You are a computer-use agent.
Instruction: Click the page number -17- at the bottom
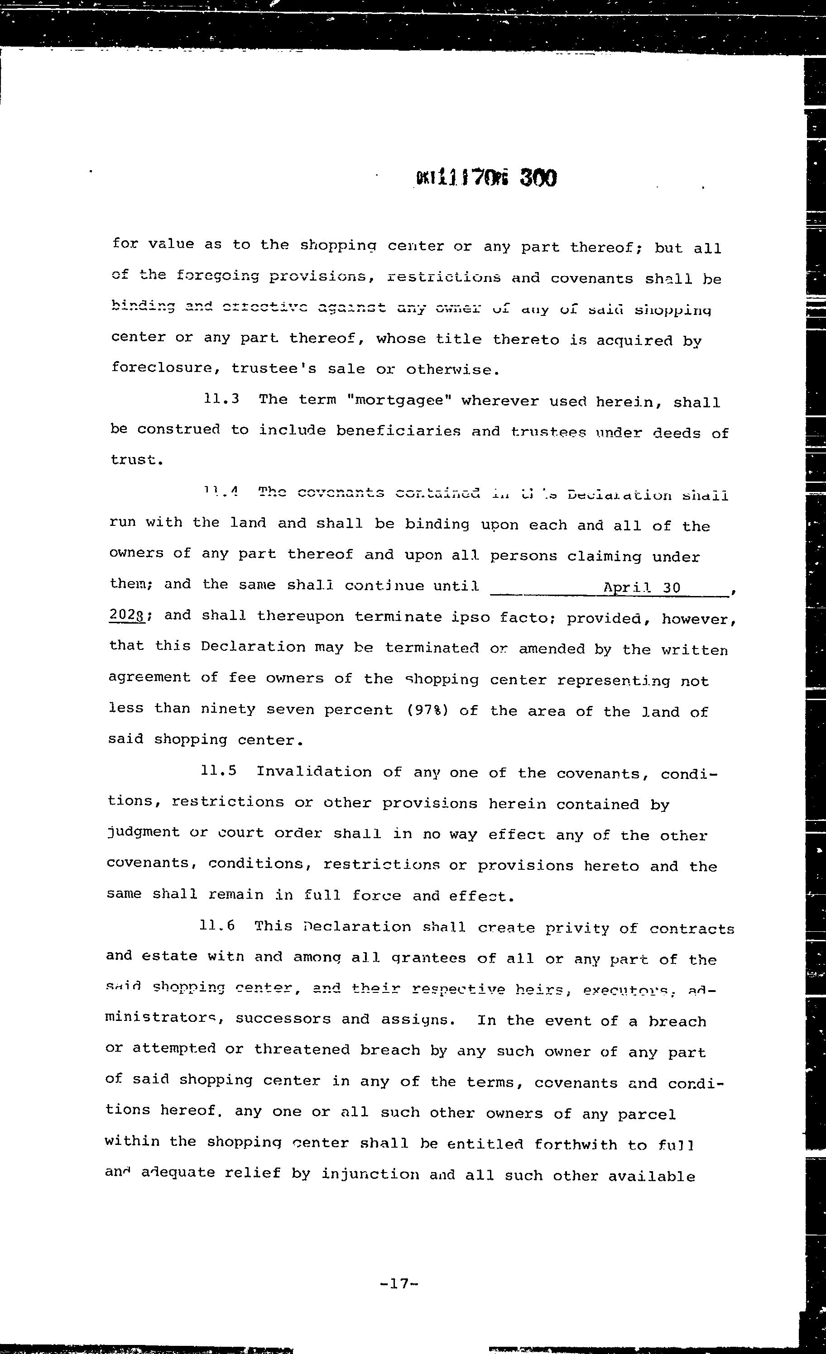point(400,1284)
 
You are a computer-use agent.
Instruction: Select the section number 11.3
point(221,399)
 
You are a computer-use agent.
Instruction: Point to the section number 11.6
point(217,925)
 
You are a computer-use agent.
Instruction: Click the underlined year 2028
point(127,615)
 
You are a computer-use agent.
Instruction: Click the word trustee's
point(274,369)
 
